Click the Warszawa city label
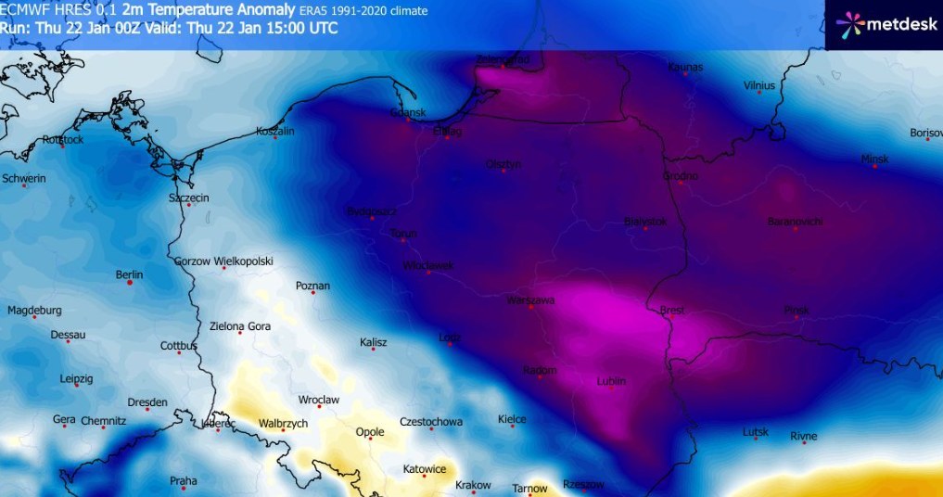click(x=530, y=300)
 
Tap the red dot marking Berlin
click(x=130, y=283)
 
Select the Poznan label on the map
click(x=312, y=286)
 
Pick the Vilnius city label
click(x=758, y=85)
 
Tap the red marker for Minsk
click(x=874, y=167)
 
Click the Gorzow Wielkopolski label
click(x=223, y=261)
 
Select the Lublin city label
click(x=611, y=381)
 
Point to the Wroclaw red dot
click(x=319, y=407)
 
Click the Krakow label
click(x=473, y=485)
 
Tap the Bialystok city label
click(x=645, y=222)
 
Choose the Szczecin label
click(x=188, y=198)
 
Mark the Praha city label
click(x=184, y=480)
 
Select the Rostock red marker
click(x=62, y=147)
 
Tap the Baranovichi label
click(x=795, y=222)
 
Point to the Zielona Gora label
click(x=239, y=325)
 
